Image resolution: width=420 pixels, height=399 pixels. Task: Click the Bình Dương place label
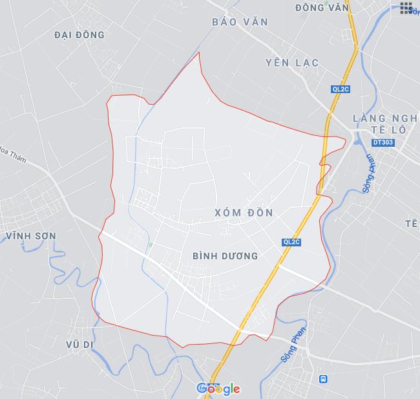pos(226,256)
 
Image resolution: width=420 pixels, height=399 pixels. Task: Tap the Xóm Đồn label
pos(243,213)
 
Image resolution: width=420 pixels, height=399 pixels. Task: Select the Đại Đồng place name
pos(79,35)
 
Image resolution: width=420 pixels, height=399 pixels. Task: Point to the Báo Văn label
pos(240,22)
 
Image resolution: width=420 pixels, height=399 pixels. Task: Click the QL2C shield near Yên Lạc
pos(341,90)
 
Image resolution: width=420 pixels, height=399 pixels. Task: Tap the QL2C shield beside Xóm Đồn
pos(292,241)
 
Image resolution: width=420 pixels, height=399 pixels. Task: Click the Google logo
pos(218,388)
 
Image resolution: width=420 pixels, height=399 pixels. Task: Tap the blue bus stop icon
pos(322,377)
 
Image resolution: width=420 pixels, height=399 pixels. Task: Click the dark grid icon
pos(406,8)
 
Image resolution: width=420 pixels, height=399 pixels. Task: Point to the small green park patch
pos(151,244)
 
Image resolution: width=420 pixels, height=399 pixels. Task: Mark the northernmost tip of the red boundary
pos(199,52)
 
